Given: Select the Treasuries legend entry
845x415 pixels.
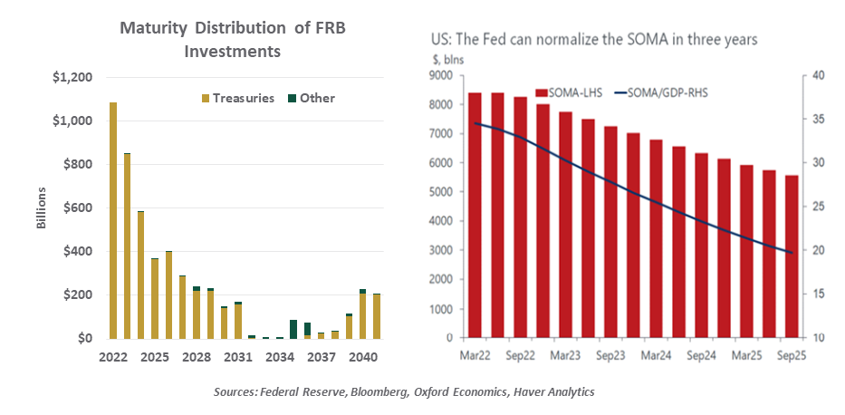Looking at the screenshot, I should [237, 98].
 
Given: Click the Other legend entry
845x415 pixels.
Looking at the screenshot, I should [312, 98].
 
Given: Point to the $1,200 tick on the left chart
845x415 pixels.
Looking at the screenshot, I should [72, 78].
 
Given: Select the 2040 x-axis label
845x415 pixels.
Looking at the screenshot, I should [361, 357].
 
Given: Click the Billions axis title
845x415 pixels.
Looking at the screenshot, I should [41, 207].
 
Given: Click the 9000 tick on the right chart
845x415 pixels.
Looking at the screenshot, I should [440, 76].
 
